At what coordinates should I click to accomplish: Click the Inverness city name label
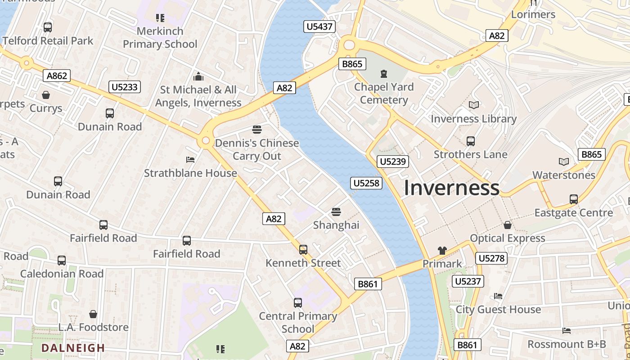pyautogui.click(x=451, y=188)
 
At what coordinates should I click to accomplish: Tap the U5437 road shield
pyautogui.click(x=319, y=27)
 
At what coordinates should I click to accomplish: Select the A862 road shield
pyautogui.click(x=57, y=76)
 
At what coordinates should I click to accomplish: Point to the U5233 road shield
pyautogui.click(x=125, y=87)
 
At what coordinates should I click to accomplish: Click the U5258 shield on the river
pyautogui.click(x=367, y=183)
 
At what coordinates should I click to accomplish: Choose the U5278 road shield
pyautogui.click(x=491, y=258)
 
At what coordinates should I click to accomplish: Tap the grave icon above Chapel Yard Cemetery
pyautogui.click(x=384, y=73)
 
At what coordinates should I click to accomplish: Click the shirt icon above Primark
pyautogui.click(x=442, y=251)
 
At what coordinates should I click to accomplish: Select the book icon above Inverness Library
pyautogui.click(x=473, y=105)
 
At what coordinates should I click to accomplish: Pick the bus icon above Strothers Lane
pyautogui.click(x=470, y=141)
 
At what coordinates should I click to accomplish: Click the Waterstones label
pyautogui.click(x=563, y=175)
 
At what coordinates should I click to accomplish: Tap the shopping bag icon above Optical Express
pyautogui.click(x=508, y=225)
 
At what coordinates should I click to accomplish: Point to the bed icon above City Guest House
pyautogui.click(x=498, y=296)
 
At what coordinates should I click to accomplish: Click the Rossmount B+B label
pyautogui.click(x=567, y=344)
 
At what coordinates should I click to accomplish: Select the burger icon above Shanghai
pyautogui.click(x=336, y=212)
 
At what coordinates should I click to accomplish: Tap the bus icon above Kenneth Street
pyautogui.click(x=303, y=250)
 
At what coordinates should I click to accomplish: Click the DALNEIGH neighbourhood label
pyautogui.click(x=73, y=348)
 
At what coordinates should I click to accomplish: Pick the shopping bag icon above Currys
pyautogui.click(x=46, y=95)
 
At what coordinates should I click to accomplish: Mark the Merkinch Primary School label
pyautogui.click(x=160, y=37)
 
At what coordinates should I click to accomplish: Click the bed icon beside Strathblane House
pyautogui.click(x=190, y=160)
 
